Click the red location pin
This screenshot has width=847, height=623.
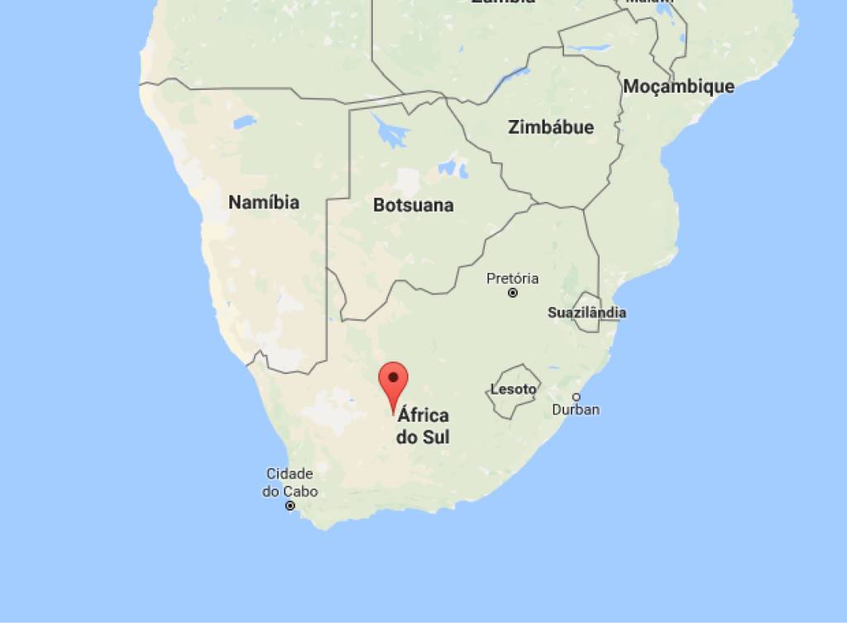pyautogui.click(x=393, y=383)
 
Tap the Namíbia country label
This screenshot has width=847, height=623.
pyautogui.click(x=264, y=203)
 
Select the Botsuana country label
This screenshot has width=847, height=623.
pyautogui.click(x=413, y=205)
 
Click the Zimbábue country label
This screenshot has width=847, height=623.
pyautogui.click(x=550, y=127)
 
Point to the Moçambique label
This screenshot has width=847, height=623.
pyautogui.click(x=678, y=86)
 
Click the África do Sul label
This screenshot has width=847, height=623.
pyautogui.click(x=423, y=425)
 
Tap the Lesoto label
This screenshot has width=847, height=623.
pyautogui.click(x=513, y=389)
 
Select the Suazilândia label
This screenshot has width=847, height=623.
pyautogui.click(x=586, y=313)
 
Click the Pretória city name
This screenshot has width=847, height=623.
pyautogui.click(x=512, y=278)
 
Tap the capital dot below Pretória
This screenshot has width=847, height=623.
pyautogui.click(x=513, y=293)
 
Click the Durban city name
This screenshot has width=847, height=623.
pyautogui.click(x=576, y=410)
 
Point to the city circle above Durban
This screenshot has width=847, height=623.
pyautogui.click(x=577, y=396)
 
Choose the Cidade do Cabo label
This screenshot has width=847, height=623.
pyautogui.click(x=290, y=482)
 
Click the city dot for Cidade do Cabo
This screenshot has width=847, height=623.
pyautogui.click(x=290, y=506)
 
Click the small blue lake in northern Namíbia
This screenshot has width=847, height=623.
pyautogui.click(x=244, y=122)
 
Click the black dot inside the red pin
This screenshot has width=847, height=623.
pyautogui.click(x=394, y=378)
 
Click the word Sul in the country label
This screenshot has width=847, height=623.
pyautogui.click(x=435, y=437)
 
